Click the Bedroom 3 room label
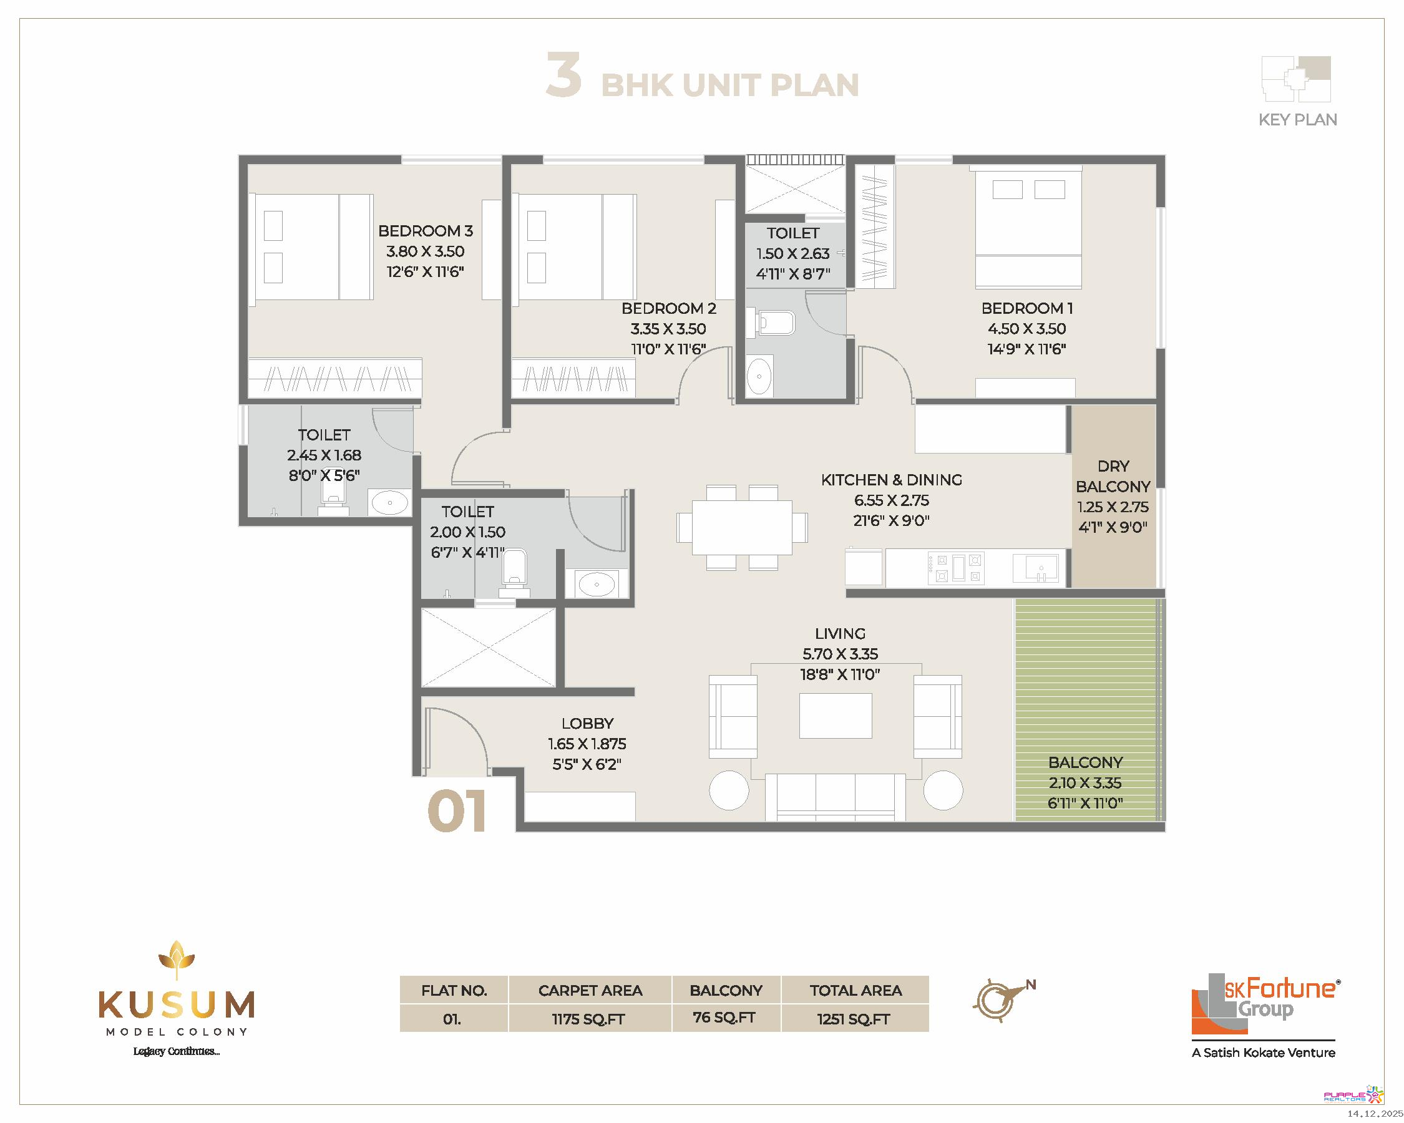(425, 231)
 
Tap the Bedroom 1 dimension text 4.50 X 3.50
(1027, 329)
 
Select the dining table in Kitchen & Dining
(742, 527)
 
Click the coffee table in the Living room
(836, 716)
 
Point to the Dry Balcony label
(1113, 477)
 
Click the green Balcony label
(1086, 762)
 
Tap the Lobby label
(587, 723)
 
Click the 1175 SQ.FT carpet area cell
(588, 1019)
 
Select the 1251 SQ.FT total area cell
(854, 1019)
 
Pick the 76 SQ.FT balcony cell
(725, 1018)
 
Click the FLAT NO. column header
(454, 991)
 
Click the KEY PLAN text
(1298, 120)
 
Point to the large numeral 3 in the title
(563, 75)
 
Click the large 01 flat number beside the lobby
(457, 810)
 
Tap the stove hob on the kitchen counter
(955, 567)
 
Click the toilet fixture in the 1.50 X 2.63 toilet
(772, 323)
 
